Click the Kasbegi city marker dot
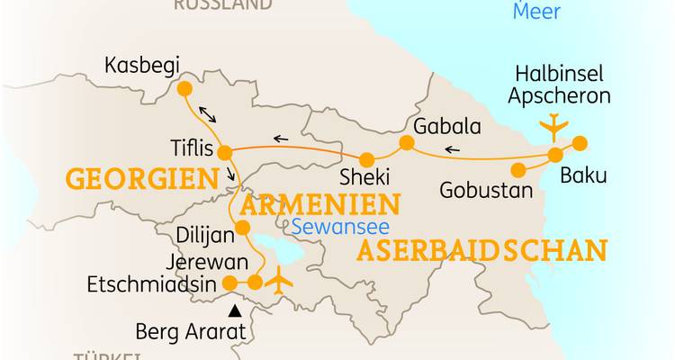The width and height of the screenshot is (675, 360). pyautogui.click(x=184, y=88)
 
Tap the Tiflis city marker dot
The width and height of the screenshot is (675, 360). pyautogui.click(x=225, y=152)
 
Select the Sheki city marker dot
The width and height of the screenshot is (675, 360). pyautogui.click(x=366, y=159)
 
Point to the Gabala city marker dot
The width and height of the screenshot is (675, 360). pyautogui.click(x=407, y=142)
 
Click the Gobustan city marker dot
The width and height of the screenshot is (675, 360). pyautogui.click(x=517, y=169)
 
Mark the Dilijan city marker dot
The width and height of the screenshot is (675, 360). pyautogui.click(x=241, y=229)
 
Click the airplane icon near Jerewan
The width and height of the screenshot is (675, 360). pyautogui.click(x=280, y=281)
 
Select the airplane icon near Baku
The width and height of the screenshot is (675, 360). pyautogui.click(x=552, y=126)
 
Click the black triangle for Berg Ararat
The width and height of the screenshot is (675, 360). pyautogui.click(x=235, y=311)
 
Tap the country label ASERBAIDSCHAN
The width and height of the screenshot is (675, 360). pyautogui.click(x=481, y=250)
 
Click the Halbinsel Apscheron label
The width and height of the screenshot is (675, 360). pyautogui.click(x=558, y=84)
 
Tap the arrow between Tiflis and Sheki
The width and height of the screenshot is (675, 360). pyautogui.click(x=281, y=139)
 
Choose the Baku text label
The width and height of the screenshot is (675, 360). pyautogui.click(x=583, y=175)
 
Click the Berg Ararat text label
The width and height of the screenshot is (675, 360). pyautogui.click(x=190, y=330)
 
